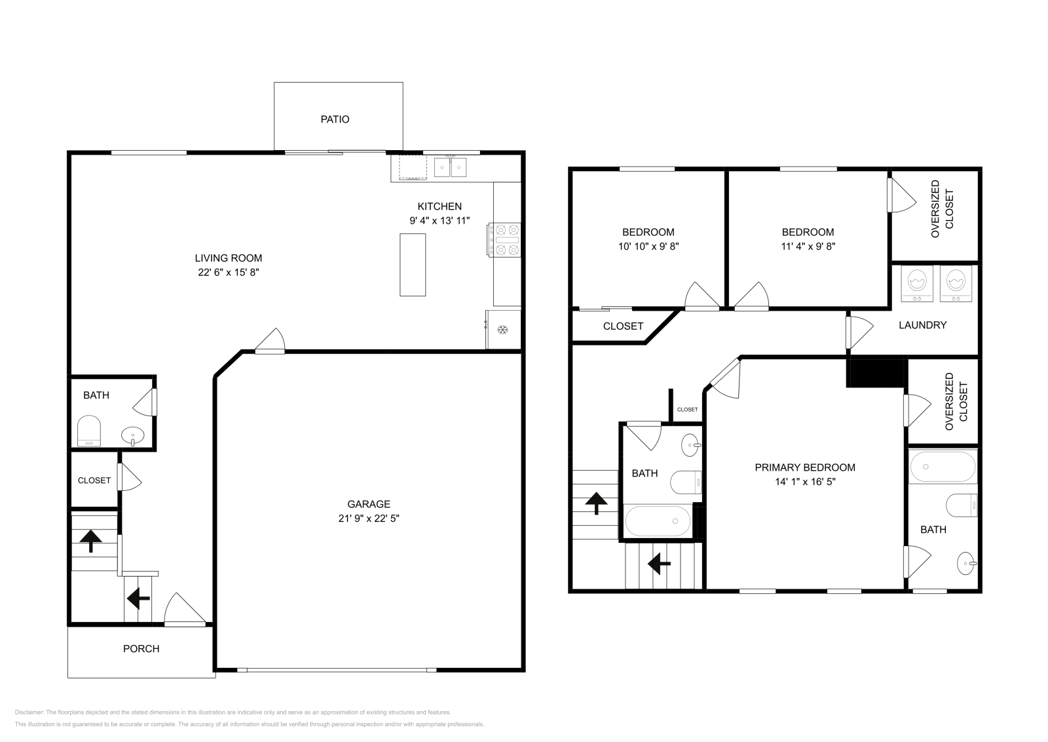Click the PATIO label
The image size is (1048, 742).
click(335, 119)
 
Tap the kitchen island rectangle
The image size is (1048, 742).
click(413, 264)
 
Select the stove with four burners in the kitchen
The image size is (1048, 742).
click(504, 240)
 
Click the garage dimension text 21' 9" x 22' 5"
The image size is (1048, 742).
click(369, 518)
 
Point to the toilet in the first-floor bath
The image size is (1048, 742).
click(88, 430)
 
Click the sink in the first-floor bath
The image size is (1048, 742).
click(134, 435)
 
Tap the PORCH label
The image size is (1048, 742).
click(141, 649)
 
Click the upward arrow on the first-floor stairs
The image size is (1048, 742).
click(90, 541)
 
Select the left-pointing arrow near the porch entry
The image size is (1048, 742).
click(138, 597)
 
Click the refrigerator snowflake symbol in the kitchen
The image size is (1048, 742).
click(503, 330)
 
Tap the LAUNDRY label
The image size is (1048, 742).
click(922, 325)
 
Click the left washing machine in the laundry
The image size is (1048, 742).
click(917, 283)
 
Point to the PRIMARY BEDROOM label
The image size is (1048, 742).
click(805, 467)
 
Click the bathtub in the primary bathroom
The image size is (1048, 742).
click(942, 467)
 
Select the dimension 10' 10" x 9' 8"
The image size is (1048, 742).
click(648, 246)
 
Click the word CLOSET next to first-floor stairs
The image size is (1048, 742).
click(94, 480)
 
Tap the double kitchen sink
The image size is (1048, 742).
click(450, 167)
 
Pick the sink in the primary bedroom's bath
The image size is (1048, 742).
click(967, 563)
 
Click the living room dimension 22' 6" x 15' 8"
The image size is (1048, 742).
click(229, 272)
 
